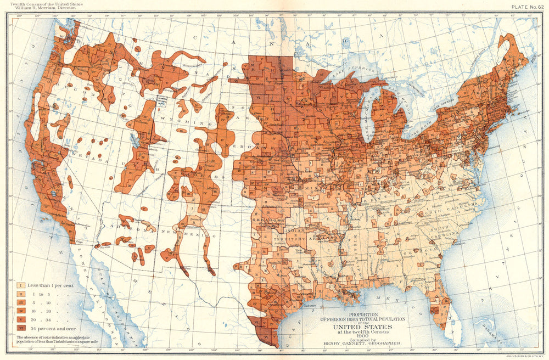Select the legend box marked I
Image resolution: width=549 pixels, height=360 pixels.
point(20,285)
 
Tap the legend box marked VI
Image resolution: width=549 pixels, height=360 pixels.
point(20,327)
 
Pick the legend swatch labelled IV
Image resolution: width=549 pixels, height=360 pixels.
point(20,311)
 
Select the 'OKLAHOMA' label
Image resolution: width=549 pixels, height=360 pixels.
point(267,221)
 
